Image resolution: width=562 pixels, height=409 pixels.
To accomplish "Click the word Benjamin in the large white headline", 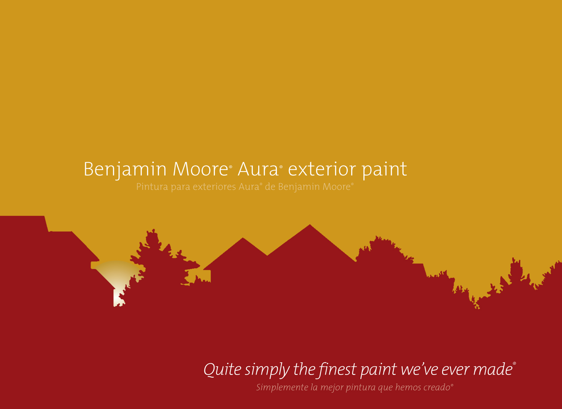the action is pos(125,169).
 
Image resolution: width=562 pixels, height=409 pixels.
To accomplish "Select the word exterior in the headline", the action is pos(322,169).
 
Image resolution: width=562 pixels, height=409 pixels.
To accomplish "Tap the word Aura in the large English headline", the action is pos(258,169).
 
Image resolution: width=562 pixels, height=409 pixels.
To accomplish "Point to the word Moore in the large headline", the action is pos(200,169).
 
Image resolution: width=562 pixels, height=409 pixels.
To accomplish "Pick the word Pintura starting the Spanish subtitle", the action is pos(152,187).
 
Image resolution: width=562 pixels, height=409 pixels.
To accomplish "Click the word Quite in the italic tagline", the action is pos(222,369).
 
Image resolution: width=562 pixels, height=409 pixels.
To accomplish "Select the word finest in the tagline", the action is pos(338,369).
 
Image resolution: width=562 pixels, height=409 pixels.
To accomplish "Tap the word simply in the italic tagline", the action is pos(267,370).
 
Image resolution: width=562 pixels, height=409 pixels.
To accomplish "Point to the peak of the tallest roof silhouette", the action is pos(310,225).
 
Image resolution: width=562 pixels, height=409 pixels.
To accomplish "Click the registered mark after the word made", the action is pos(514,363).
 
